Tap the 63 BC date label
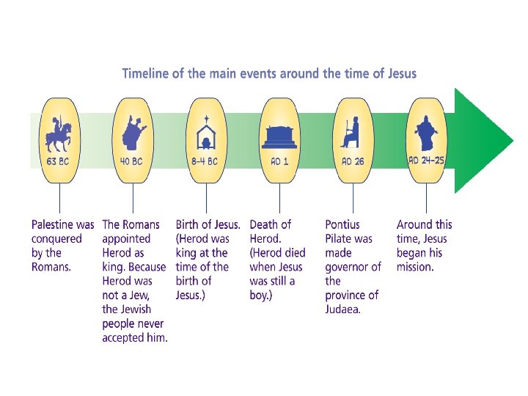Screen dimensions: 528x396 point(59,161)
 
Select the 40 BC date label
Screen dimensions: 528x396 point(132,161)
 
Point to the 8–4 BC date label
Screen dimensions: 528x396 point(206,161)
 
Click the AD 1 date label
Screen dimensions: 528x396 point(279,161)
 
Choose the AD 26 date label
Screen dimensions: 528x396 point(353,161)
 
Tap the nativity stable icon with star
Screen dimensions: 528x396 point(206,132)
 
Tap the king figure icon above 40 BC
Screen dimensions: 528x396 point(132,132)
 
